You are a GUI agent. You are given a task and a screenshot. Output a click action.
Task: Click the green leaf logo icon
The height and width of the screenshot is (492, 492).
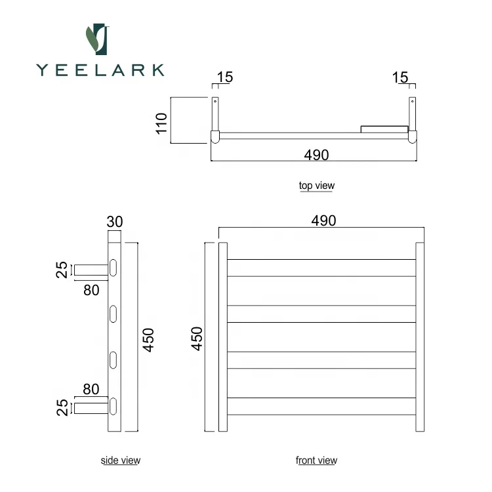click(x=98, y=39)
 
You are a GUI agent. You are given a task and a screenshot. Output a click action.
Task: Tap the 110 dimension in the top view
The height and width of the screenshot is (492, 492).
click(x=162, y=122)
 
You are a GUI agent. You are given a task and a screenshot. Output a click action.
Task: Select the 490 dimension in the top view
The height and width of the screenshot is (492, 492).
click(x=316, y=155)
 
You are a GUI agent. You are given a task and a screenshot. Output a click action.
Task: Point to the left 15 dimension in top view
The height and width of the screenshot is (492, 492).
click(x=224, y=77)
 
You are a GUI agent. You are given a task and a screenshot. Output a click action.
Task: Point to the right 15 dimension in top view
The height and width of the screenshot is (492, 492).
click(x=400, y=77)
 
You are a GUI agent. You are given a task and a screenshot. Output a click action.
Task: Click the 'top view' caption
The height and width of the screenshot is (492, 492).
click(x=316, y=186)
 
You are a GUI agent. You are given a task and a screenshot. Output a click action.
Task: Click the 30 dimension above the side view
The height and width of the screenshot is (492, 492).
click(x=115, y=222)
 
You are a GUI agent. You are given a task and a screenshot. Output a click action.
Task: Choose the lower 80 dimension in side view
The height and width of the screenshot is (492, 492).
click(x=91, y=389)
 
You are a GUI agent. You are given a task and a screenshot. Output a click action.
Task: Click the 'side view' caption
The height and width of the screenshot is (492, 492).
click(x=120, y=461)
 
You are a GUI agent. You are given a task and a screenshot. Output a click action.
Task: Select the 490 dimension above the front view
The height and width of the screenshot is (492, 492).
click(x=323, y=220)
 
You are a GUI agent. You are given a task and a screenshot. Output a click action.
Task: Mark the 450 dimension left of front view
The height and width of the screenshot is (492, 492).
click(x=197, y=339)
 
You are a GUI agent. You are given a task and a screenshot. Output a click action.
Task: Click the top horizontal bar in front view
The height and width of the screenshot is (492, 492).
click(x=321, y=267)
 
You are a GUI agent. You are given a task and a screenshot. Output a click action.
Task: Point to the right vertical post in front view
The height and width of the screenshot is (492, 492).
click(x=420, y=337)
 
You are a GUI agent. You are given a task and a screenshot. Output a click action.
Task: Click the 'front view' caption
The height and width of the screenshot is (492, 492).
click(x=316, y=461)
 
